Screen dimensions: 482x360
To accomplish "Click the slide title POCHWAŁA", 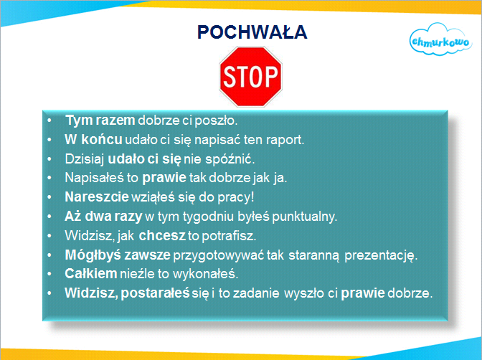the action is pos(252,32).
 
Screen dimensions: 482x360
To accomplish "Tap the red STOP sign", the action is pos(250,77).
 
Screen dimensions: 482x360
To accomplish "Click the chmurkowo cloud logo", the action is pos(440,39).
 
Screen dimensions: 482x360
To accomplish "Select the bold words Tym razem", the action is pos(100,120).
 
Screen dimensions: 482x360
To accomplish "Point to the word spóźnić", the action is pos(230,159).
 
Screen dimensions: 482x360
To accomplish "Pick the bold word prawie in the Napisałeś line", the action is pos(164,178).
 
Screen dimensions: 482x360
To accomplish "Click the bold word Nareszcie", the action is pos(97,196).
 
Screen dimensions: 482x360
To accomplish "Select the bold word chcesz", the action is pos(162,235).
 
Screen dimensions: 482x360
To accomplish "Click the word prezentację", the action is pos(381,255).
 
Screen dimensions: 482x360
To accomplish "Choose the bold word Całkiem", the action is pos(90,274).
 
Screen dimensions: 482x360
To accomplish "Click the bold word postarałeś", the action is pos(155,293).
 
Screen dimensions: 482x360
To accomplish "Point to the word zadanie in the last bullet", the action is pos(256,293).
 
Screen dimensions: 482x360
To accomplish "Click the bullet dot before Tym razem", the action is pos(49,120).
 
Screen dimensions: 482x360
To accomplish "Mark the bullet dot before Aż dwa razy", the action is pos(49,217).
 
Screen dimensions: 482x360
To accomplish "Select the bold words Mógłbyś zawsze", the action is pos(118,255).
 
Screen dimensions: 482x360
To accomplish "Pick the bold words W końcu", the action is pos(93,140).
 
